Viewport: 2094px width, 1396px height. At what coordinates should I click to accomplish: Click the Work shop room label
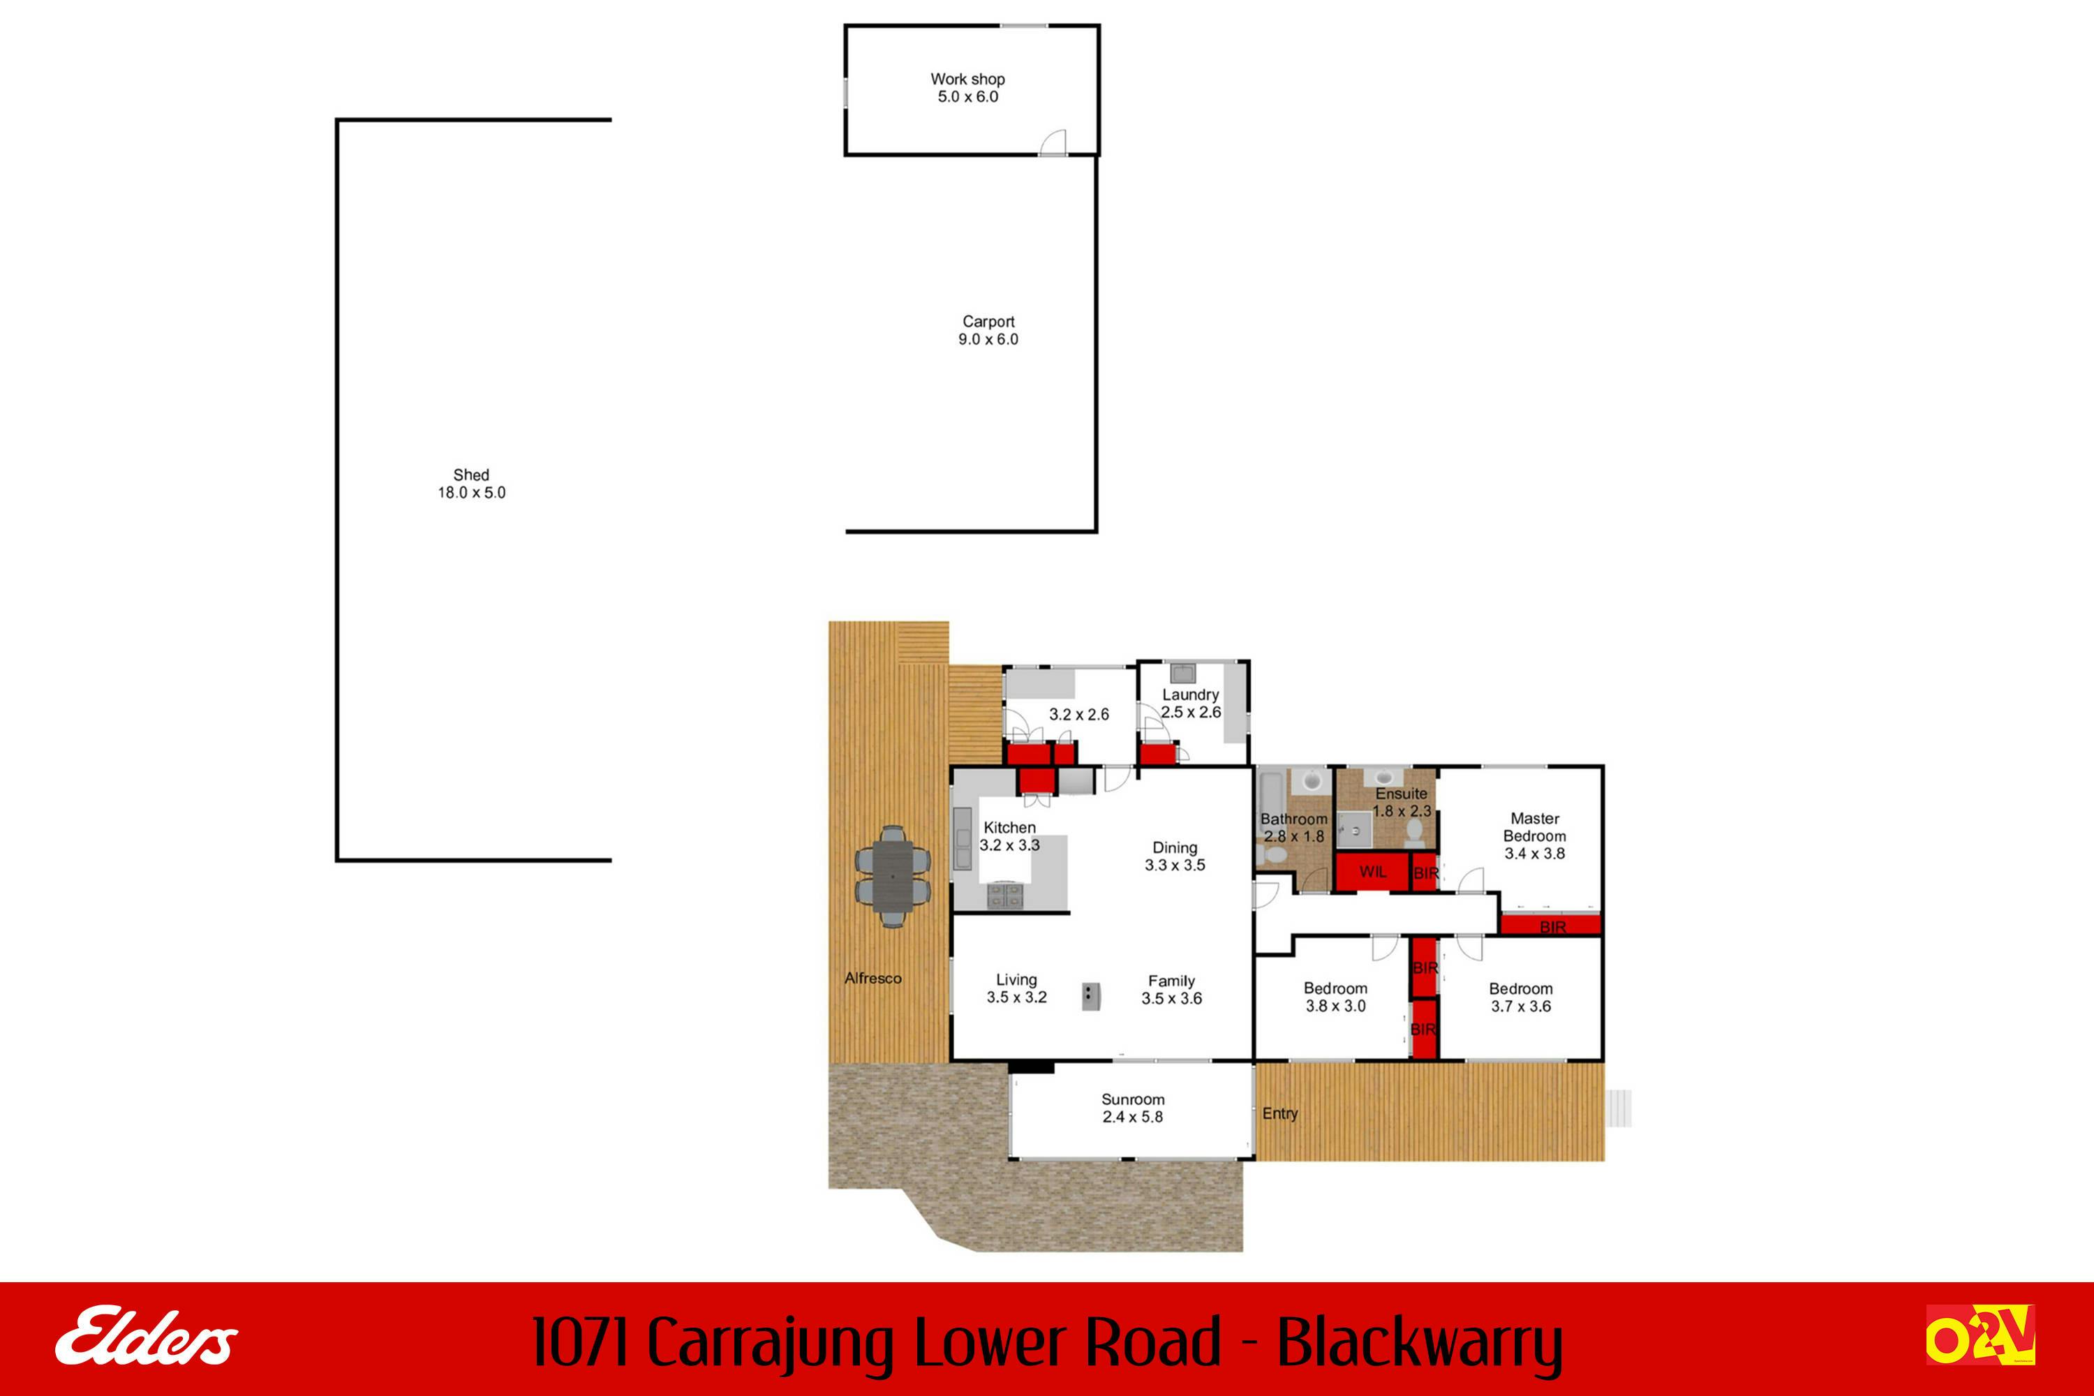(x=967, y=80)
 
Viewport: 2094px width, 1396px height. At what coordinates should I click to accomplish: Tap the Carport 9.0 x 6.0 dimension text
(x=988, y=339)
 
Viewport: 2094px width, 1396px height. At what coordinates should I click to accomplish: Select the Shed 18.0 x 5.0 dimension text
(x=471, y=492)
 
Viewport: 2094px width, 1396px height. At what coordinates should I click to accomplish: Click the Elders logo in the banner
(x=147, y=1337)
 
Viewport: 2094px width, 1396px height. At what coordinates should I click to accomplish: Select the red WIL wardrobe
(x=1373, y=872)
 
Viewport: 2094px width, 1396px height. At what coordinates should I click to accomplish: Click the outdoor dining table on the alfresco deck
(x=893, y=877)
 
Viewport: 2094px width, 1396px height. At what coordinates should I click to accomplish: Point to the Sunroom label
(x=1132, y=1099)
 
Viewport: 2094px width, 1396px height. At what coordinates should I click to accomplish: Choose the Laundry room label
(x=1190, y=695)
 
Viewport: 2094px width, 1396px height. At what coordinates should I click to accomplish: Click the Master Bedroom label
(x=1535, y=827)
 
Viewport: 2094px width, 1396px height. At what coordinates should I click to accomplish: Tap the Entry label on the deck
(x=1280, y=1114)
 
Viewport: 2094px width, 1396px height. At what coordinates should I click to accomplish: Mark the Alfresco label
(x=872, y=979)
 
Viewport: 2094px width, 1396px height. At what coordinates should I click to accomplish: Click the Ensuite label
(x=1402, y=793)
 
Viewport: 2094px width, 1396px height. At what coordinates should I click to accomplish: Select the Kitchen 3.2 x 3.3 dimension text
(x=1009, y=845)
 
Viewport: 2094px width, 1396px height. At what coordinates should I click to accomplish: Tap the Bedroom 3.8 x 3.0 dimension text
(x=1335, y=1006)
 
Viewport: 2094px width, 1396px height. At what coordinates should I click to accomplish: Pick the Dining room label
(x=1175, y=847)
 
